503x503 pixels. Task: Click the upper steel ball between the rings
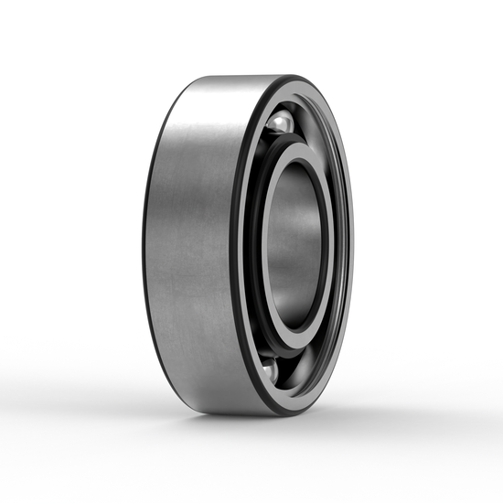click(x=280, y=122)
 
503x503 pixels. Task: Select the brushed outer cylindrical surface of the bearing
click(x=192, y=247)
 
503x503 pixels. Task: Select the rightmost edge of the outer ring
click(x=351, y=245)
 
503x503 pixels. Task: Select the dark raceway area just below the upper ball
click(x=274, y=140)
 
